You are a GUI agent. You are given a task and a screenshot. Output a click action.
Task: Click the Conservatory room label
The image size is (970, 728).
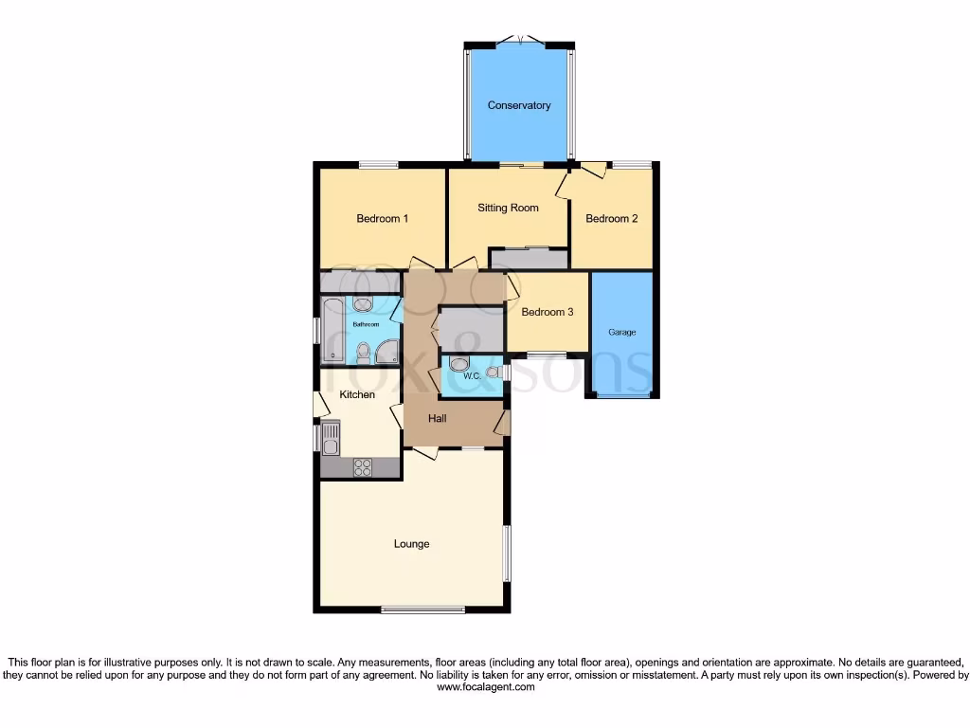[519, 105]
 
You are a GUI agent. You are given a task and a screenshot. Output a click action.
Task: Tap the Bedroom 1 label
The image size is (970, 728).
[383, 219]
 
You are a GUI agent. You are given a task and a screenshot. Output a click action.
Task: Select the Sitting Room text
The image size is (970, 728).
[508, 208]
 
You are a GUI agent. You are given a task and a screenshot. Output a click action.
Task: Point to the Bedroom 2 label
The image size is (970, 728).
[611, 219]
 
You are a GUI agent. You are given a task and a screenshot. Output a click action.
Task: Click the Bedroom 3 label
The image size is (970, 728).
[548, 312]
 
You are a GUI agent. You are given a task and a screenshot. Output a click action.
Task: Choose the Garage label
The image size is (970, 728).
[621, 333]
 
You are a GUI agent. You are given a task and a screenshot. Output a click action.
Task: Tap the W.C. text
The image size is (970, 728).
[473, 376]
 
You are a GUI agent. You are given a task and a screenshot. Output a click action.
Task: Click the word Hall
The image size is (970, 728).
[437, 418]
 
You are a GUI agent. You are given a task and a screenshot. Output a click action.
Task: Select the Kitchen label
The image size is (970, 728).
[357, 394]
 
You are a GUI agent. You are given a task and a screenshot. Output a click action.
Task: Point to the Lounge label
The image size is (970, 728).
[412, 544]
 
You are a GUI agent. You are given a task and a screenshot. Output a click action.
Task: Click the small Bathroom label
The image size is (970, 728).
[366, 324]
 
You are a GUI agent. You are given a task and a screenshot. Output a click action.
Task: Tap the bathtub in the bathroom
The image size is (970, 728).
[332, 329]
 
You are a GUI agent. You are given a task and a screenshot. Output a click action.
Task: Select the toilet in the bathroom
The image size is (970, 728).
[363, 353]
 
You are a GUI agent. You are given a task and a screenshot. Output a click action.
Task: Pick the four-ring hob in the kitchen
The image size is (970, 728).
[362, 466]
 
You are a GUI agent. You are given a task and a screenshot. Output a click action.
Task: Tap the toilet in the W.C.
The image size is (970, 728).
[458, 364]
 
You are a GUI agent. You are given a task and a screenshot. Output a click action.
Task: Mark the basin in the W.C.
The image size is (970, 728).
[493, 373]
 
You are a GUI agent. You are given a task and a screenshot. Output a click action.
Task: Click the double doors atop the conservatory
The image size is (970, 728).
[519, 40]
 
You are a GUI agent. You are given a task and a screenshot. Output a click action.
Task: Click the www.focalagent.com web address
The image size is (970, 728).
[485, 687]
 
